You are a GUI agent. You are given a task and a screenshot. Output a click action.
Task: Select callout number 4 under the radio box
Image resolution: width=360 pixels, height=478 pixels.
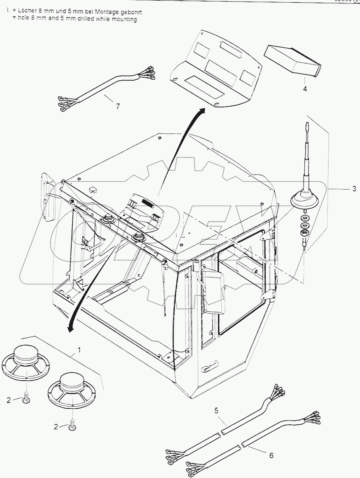tap(305, 89)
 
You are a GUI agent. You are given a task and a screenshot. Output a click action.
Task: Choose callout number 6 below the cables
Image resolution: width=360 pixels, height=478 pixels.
tap(271, 456)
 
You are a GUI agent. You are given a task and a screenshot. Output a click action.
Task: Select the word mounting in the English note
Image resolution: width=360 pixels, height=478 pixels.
tap(123, 19)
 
